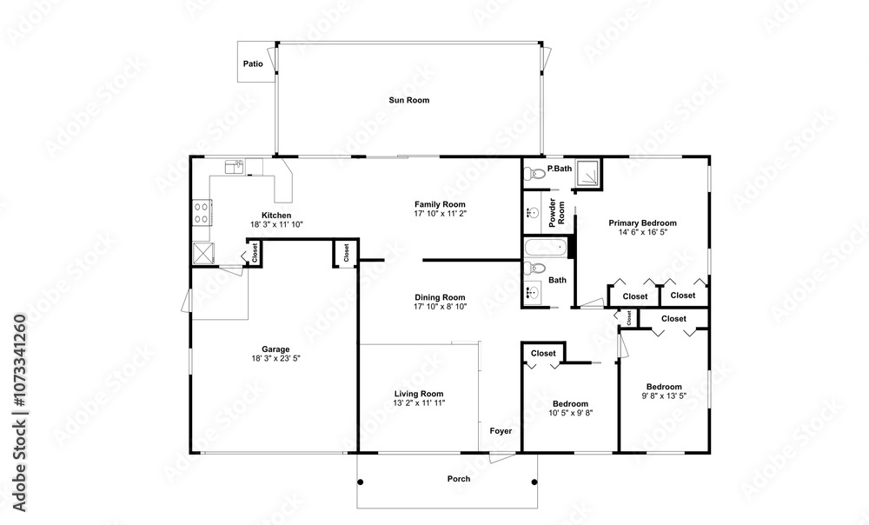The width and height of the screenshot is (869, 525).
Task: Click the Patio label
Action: [x=253, y=63]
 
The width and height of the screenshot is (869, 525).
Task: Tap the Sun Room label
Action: [x=409, y=100]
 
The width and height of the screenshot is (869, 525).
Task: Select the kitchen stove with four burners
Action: [x=202, y=213]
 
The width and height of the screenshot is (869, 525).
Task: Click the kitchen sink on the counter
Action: [x=235, y=166]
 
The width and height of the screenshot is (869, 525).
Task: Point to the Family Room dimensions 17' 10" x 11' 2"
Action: [x=440, y=214]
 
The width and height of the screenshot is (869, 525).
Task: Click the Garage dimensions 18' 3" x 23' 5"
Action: [x=275, y=358]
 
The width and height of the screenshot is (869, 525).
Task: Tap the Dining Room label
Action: [x=440, y=298]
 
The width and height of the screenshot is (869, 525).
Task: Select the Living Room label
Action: [x=419, y=394]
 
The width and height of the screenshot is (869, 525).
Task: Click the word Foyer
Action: [x=501, y=431]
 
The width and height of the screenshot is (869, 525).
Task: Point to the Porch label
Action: [x=459, y=479]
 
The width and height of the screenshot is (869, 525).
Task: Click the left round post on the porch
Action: [x=361, y=482]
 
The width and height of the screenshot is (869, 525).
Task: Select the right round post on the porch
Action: [x=534, y=482]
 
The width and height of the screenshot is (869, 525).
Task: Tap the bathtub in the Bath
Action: [x=546, y=248]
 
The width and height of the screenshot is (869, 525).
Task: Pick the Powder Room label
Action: [x=556, y=212]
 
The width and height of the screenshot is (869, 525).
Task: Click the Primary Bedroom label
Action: [x=642, y=223]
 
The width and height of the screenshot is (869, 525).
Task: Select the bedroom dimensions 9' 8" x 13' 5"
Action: [x=664, y=395]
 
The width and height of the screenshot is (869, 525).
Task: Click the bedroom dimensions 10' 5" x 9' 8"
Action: [x=570, y=413]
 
